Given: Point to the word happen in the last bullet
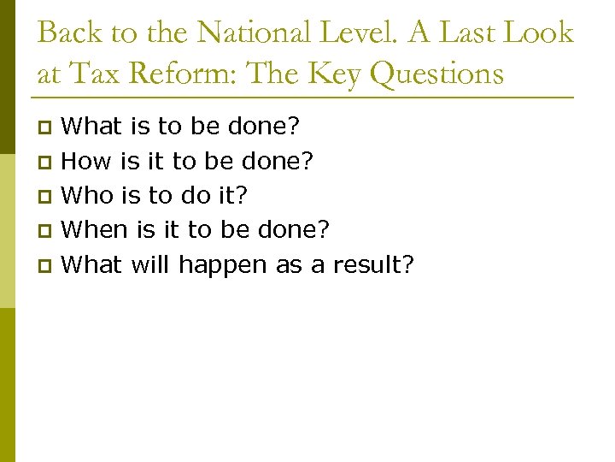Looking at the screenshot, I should point(223,264).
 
